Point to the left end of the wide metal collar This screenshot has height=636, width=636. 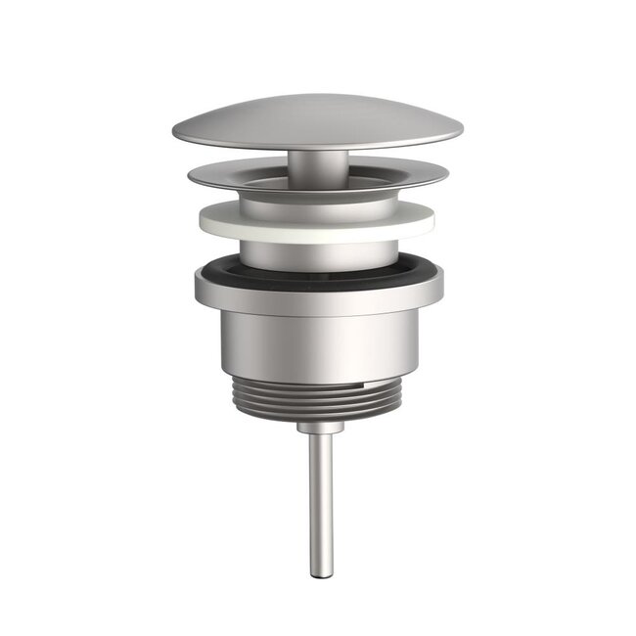tap(197, 286)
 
